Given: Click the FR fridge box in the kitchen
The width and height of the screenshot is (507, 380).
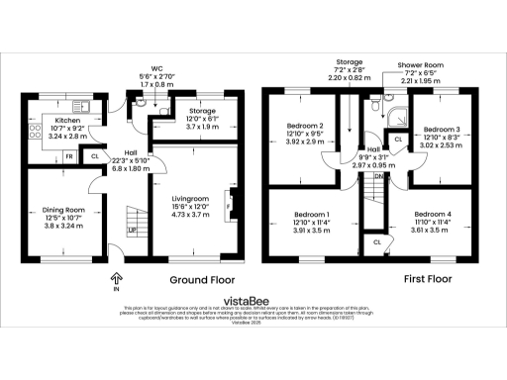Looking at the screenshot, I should point(68,156).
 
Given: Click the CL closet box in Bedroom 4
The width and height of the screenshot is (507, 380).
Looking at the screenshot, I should point(378,241).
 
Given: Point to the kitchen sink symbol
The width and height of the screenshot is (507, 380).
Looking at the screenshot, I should point(84,104).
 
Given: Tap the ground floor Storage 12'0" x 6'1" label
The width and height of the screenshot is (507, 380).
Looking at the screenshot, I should point(202,111).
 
